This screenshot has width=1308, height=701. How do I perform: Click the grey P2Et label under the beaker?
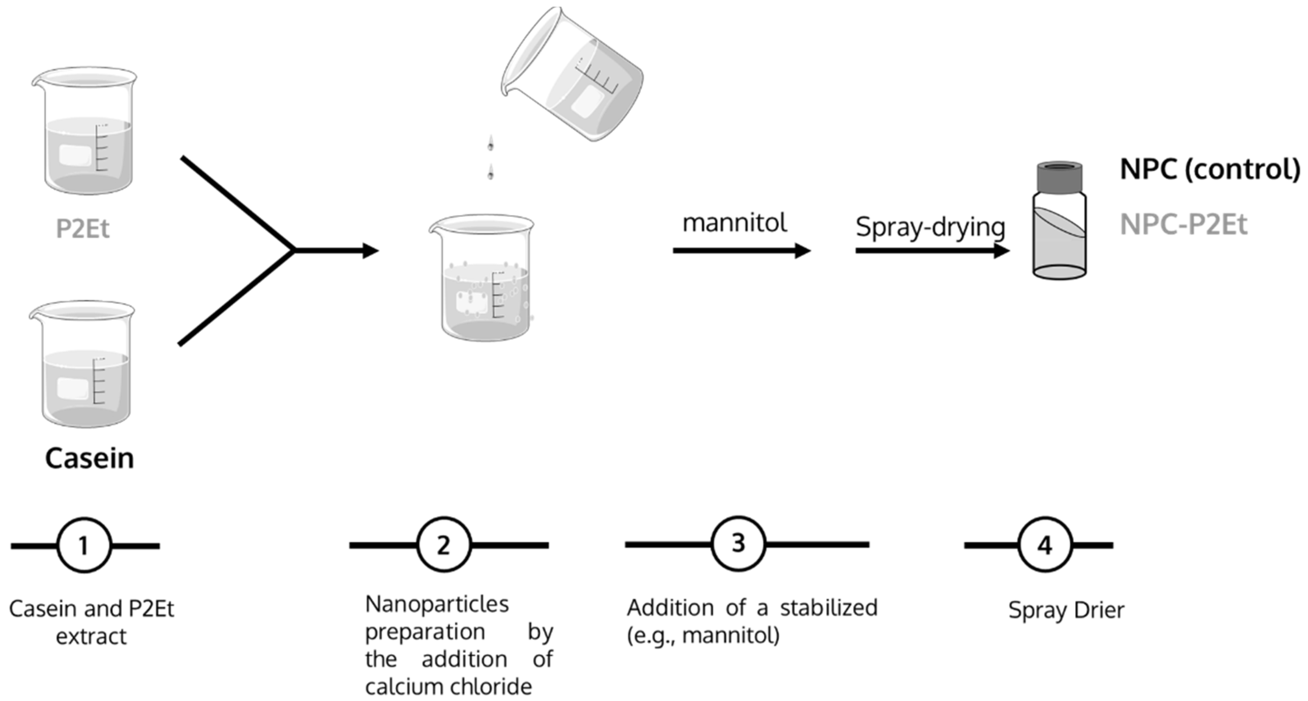(x=82, y=228)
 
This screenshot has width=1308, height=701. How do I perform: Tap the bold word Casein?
(x=89, y=458)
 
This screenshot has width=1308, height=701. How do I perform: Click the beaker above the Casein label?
(x=82, y=364)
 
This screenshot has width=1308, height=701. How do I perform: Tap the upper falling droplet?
(x=490, y=144)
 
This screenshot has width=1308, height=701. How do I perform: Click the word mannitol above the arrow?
(x=734, y=223)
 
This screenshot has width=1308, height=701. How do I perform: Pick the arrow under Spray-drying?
(x=932, y=250)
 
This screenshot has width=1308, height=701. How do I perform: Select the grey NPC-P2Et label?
(x=1183, y=224)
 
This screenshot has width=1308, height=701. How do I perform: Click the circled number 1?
(x=84, y=546)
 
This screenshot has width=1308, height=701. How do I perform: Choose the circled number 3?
(x=738, y=544)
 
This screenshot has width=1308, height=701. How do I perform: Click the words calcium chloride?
(x=448, y=687)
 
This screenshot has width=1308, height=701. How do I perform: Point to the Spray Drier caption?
(x=1066, y=610)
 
